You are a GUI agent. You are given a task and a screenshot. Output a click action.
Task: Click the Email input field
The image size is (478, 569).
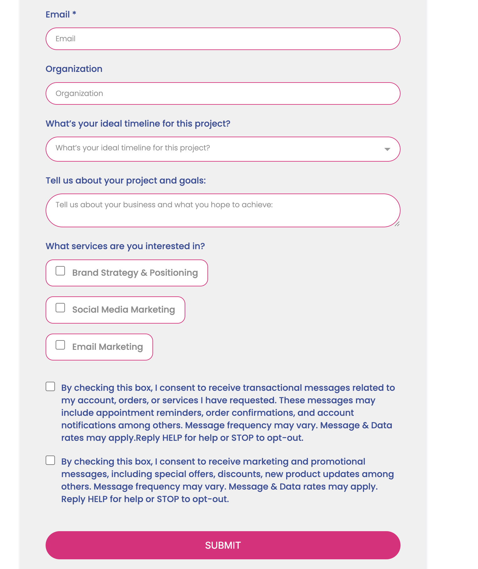(223, 39)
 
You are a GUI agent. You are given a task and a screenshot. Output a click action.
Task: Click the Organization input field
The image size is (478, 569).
(223, 93)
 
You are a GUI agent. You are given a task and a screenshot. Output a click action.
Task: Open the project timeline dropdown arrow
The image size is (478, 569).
(387, 149)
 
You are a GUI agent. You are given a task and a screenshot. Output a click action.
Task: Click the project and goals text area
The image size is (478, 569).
(223, 210)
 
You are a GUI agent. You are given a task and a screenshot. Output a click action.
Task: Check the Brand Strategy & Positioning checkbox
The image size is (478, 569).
(60, 271)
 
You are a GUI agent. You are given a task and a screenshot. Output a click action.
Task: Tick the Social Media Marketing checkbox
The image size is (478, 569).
(60, 308)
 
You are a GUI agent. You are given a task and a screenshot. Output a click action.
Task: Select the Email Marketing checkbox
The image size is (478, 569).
(60, 345)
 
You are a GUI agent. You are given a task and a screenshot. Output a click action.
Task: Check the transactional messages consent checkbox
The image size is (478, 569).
(50, 387)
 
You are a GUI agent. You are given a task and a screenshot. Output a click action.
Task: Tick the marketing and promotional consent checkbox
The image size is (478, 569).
(50, 461)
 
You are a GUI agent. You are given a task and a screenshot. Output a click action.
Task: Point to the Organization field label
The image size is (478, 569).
(74, 69)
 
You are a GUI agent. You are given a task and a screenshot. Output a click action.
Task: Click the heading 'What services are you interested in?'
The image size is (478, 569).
(125, 246)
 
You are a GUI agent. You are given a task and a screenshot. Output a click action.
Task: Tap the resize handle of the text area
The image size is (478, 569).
(397, 224)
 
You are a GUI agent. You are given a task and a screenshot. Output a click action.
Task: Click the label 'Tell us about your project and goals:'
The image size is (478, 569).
(126, 180)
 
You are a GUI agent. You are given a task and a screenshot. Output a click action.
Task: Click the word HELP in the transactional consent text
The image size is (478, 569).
(172, 438)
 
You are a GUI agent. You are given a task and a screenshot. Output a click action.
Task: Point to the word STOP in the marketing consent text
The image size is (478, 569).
(168, 499)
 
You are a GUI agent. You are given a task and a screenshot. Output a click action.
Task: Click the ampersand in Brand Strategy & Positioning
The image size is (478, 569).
(144, 273)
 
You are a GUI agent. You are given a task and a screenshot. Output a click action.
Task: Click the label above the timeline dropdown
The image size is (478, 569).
(138, 123)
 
